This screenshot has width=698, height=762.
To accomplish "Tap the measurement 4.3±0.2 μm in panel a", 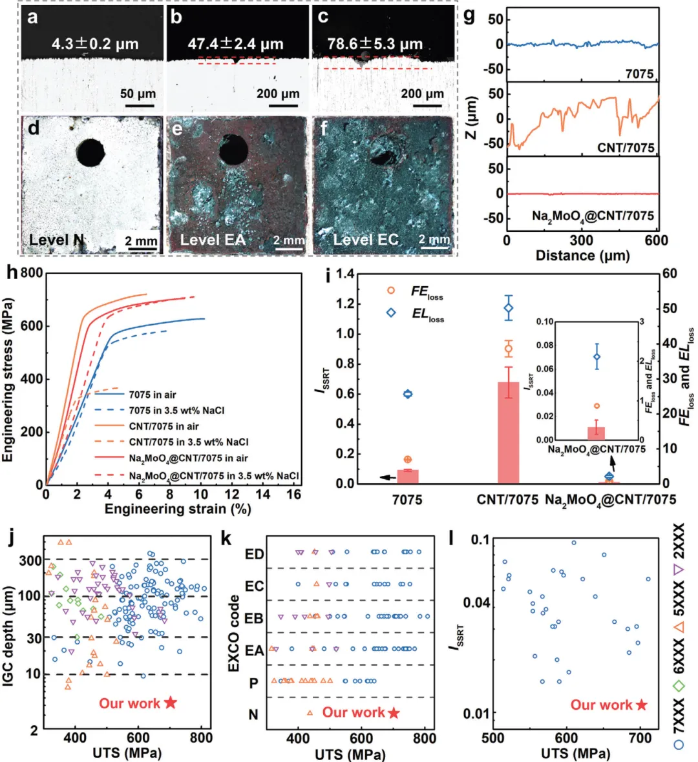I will click(95, 45).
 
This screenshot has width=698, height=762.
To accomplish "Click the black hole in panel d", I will click(90, 152).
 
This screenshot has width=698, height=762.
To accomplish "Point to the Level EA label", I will click(213, 240).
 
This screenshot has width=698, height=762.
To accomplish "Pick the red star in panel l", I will click(641, 705).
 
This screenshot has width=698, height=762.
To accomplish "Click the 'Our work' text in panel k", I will click(354, 712).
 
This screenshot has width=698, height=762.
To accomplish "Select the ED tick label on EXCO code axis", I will click(255, 554).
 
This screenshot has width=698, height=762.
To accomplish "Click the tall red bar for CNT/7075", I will click(508, 433).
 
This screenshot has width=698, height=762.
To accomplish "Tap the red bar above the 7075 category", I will click(407, 476).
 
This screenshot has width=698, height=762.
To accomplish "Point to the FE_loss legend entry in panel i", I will click(427, 292).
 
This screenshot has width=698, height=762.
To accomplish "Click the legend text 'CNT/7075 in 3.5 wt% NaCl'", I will click(189, 442).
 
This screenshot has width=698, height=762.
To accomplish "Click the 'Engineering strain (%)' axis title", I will click(178, 509).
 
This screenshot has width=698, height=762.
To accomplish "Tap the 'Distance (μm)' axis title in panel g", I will click(582, 256).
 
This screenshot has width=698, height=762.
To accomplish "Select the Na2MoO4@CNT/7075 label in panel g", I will click(593, 216).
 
